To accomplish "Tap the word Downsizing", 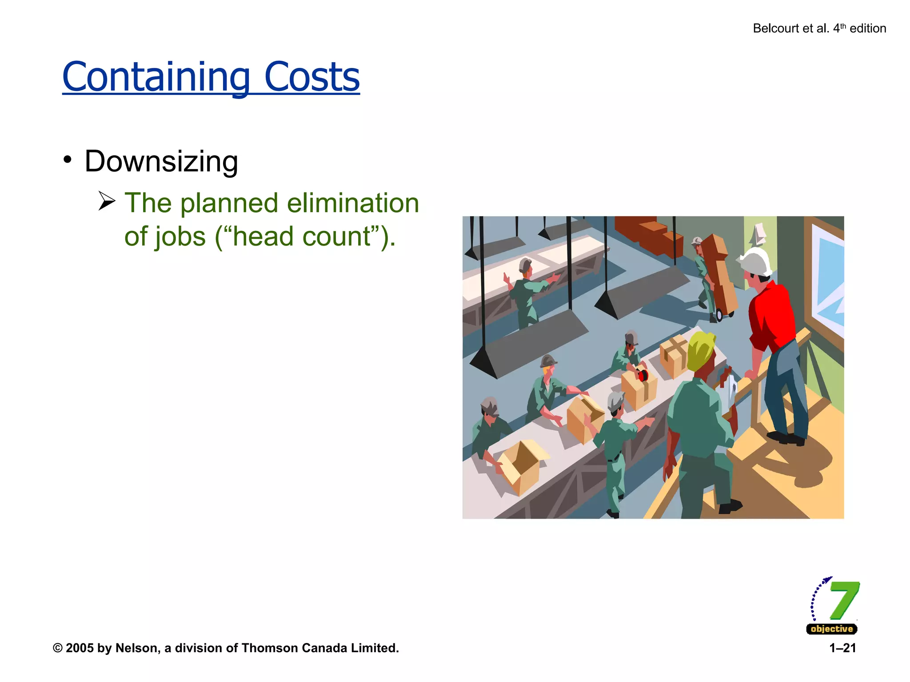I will [161, 161].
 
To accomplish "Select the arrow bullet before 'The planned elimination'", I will [107, 201].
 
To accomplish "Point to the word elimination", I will [353, 203].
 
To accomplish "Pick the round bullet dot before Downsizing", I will [68, 160].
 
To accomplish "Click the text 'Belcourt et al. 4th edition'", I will [819, 28].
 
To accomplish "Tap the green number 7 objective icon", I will [843, 600].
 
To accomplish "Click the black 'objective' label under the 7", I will [831, 629].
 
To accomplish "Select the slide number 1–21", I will [842, 648].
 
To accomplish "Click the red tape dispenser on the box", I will [642, 375].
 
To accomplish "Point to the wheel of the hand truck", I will [719, 315].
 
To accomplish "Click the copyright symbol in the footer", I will [58, 648].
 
